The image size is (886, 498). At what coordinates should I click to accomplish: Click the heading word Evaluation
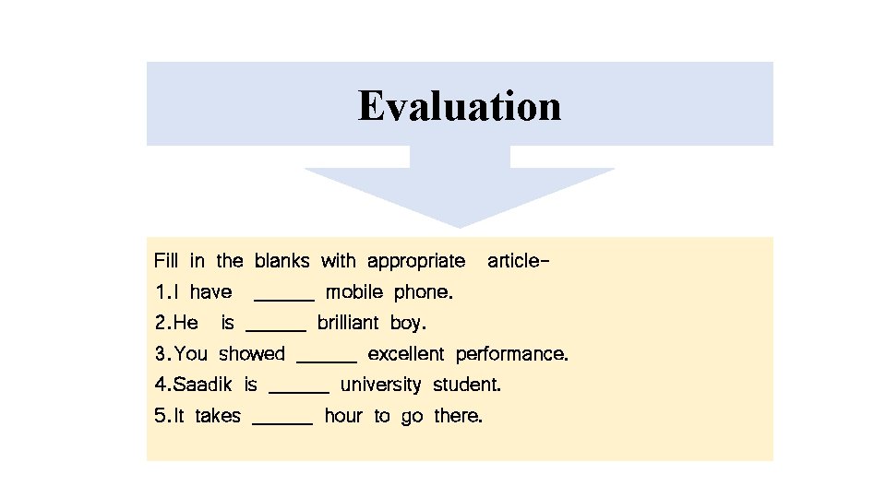460,105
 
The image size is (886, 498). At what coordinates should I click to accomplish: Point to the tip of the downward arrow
460,225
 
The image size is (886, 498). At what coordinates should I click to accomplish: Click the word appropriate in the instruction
416,261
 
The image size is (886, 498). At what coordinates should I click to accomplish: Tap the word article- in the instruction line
518,261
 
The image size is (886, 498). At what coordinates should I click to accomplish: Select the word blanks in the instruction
282,261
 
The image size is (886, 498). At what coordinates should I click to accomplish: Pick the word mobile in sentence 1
354,293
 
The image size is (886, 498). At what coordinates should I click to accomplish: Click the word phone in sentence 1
423,293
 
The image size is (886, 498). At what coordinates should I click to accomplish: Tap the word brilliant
348,323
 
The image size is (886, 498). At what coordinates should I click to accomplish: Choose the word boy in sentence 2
408,324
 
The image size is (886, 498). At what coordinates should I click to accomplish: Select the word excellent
406,354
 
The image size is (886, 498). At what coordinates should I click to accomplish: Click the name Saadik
203,385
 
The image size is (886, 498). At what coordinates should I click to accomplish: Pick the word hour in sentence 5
343,416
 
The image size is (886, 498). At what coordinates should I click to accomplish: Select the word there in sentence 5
458,416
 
